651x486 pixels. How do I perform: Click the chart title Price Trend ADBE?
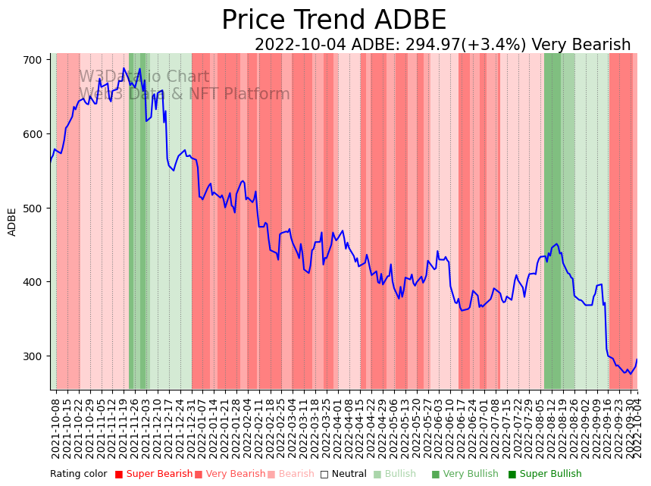pyautogui.click(x=333, y=20)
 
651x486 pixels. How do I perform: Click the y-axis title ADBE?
pyautogui.click(x=12, y=221)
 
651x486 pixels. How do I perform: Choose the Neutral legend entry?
pyautogui.click(x=339, y=475)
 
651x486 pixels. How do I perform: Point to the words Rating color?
pyautogui.click(x=79, y=475)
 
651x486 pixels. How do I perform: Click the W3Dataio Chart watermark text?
pyautogui.click(x=144, y=77)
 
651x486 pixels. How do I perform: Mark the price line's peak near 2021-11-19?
pyautogui.click(x=124, y=68)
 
